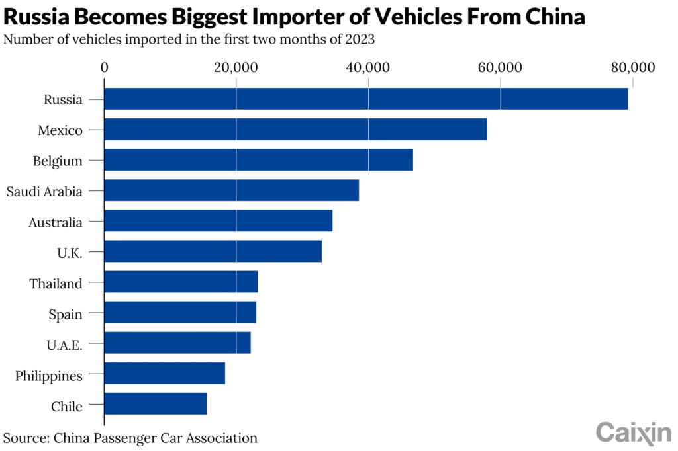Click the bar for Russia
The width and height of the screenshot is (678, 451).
click(365, 99)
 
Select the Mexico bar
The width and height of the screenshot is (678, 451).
click(295, 130)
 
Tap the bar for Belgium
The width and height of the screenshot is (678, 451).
click(258, 160)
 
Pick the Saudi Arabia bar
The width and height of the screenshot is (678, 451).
click(231, 190)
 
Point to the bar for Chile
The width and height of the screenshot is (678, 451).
click(155, 403)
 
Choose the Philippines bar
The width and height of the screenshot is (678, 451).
click(164, 373)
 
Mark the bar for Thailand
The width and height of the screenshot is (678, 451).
click(181, 282)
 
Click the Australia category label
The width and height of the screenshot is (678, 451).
click(56, 223)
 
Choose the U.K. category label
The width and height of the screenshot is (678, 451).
click(70, 253)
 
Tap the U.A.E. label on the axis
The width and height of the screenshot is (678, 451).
click(65, 345)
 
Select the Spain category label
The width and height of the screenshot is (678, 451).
click(66, 314)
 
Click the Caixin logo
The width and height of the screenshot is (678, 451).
click(634, 432)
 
